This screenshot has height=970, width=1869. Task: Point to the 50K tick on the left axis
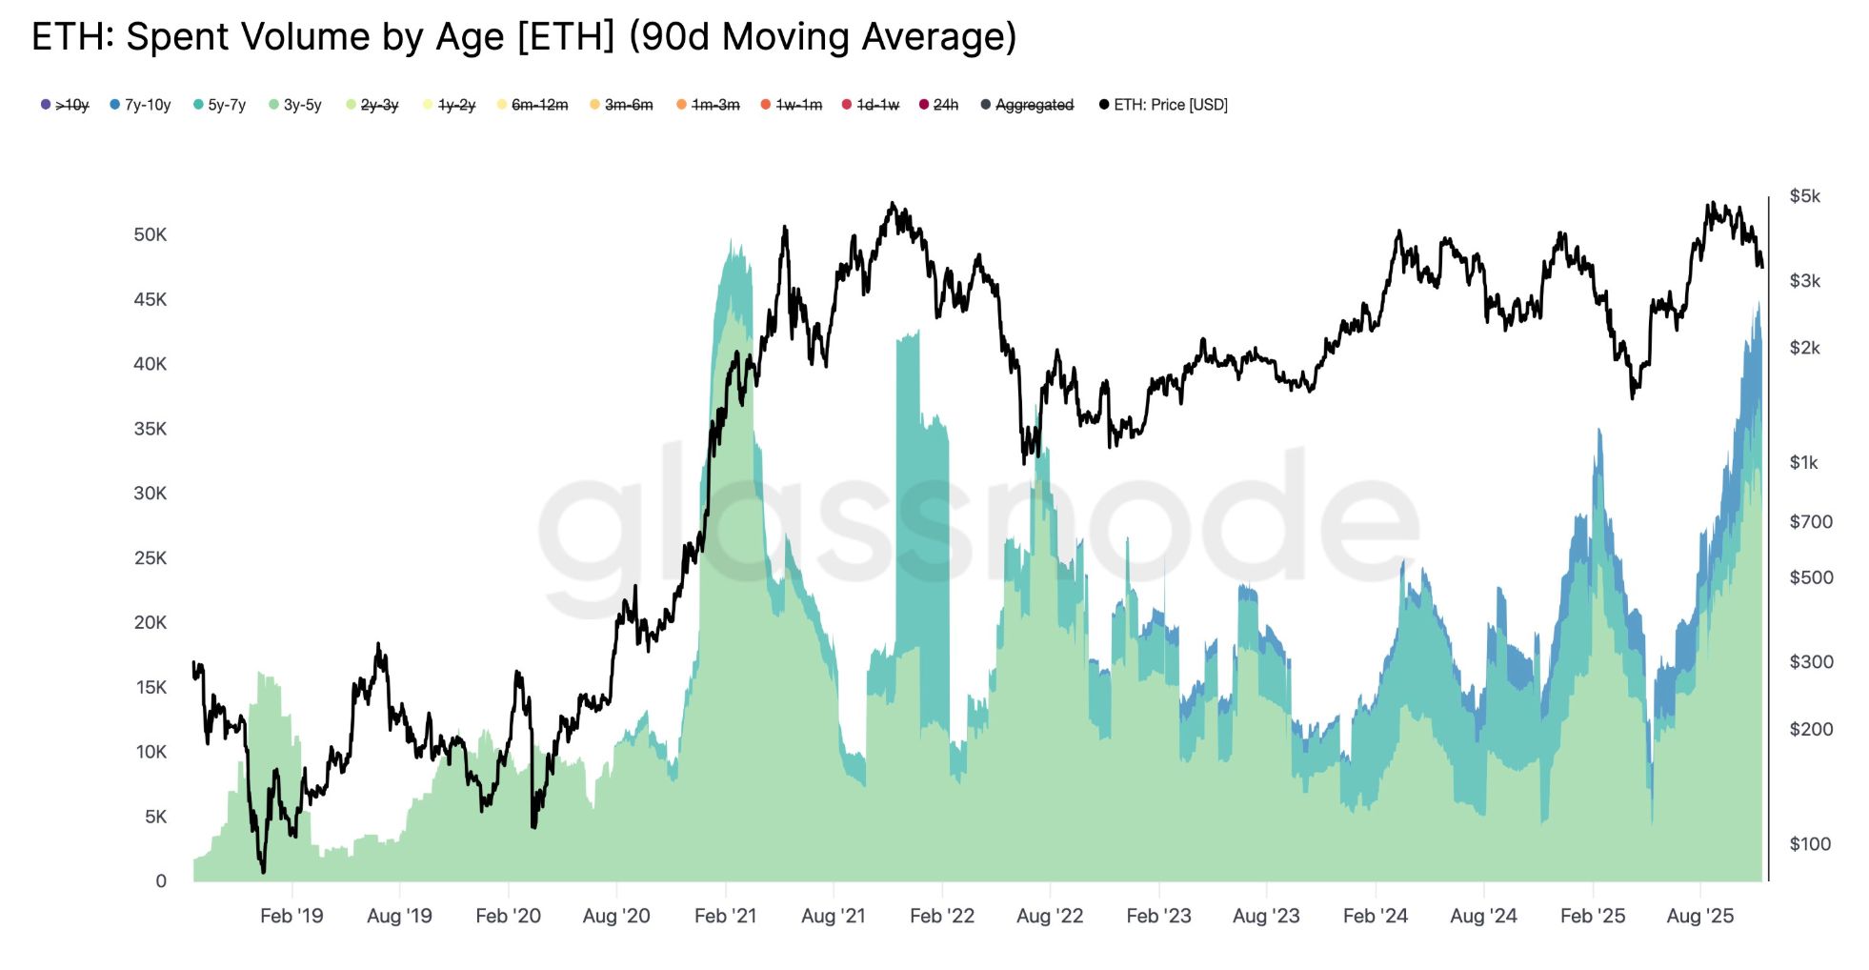tap(150, 234)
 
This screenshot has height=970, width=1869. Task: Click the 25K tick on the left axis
tap(150, 557)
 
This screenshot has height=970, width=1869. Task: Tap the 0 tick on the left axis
tap(161, 880)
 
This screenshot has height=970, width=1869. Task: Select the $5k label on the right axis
tap(1804, 196)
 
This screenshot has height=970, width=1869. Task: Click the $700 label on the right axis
tap(1810, 521)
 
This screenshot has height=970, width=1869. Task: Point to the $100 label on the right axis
tap(1810, 843)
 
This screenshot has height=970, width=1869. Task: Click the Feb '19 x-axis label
tap(291, 916)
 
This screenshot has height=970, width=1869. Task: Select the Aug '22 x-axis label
tap(1050, 916)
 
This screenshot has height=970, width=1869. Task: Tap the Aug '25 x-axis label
tap(1700, 916)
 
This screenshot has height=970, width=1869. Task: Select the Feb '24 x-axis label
tap(1375, 916)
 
